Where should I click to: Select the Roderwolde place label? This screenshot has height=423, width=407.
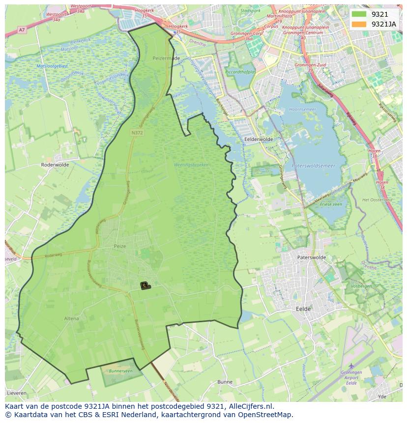coord(56,165)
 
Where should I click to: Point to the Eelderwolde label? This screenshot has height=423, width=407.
coord(259,139)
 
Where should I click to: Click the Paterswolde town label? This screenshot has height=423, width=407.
coord(311,257)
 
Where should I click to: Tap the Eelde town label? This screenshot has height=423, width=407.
coord(303,309)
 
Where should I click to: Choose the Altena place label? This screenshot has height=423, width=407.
coord(71,318)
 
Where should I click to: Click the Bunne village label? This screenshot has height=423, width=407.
coord(225,382)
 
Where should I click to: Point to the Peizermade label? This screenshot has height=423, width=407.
coord(166,58)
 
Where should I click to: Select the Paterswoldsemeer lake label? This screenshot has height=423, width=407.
coord(313,166)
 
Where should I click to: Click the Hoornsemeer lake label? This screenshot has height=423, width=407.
coord(302,109)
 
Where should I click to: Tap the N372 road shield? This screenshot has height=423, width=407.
coord(137,133)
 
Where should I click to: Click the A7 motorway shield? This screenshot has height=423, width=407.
coord(22,30)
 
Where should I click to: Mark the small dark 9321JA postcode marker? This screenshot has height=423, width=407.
coord(145,285)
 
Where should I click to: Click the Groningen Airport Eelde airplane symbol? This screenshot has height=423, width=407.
coord(351,366)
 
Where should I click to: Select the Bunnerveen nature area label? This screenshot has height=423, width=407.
coord(120,371)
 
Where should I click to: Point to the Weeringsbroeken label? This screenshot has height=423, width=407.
coord(191,165)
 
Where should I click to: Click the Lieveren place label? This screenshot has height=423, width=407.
coord(17,394)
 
